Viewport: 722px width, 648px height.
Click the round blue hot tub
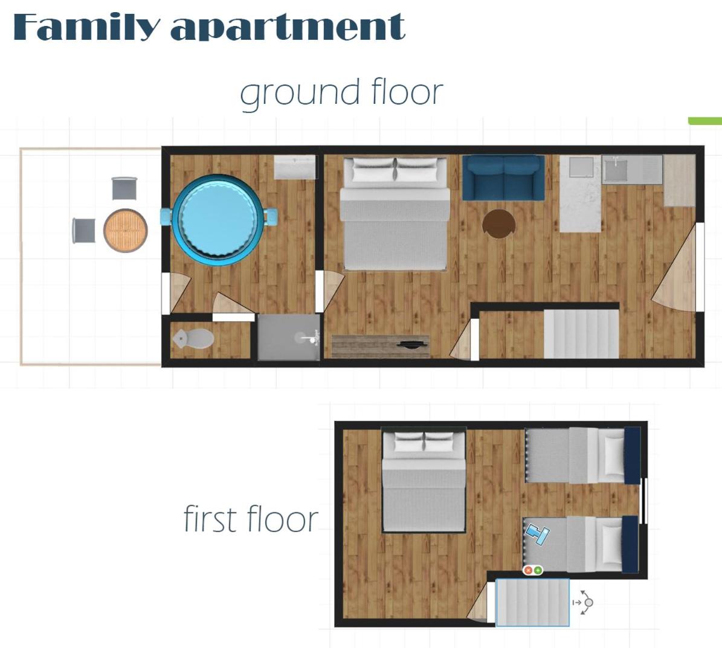tap(218, 220)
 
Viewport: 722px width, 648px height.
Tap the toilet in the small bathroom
tap(194, 339)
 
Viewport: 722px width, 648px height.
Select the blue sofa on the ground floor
tap(503, 178)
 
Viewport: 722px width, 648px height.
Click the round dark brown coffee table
tap(498, 224)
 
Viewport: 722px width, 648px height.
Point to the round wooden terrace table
tap(125, 231)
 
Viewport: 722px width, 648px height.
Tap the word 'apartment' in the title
tap(288, 28)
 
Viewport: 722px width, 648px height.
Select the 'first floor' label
tap(251, 519)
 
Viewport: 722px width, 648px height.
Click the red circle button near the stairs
tap(528, 571)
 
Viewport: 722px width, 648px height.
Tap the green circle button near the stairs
tap(537, 571)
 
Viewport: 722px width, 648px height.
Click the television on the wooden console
tap(413, 344)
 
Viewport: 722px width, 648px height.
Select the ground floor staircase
tap(581, 334)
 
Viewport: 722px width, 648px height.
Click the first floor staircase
tap(532, 603)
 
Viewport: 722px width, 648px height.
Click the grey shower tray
tap(288, 338)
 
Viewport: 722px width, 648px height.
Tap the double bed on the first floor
tap(424, 480)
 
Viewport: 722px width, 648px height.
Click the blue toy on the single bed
tap(537, 534)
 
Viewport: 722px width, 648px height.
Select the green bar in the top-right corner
tap(705, 121)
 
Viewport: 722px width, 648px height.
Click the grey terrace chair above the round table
tap(124, 188)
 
